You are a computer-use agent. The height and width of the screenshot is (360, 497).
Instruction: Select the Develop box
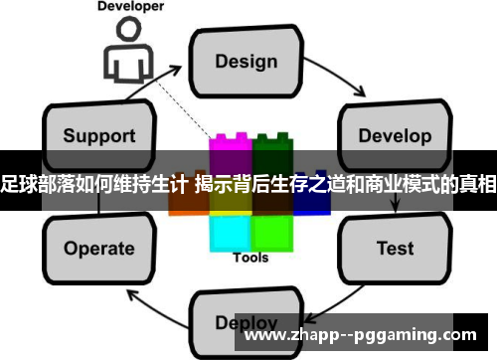click(x=390, y=133)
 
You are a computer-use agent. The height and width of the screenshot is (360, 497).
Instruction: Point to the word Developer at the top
click(x=130, y=7)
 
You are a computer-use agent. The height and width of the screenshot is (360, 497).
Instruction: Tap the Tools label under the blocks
click(x=250, y=259)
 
